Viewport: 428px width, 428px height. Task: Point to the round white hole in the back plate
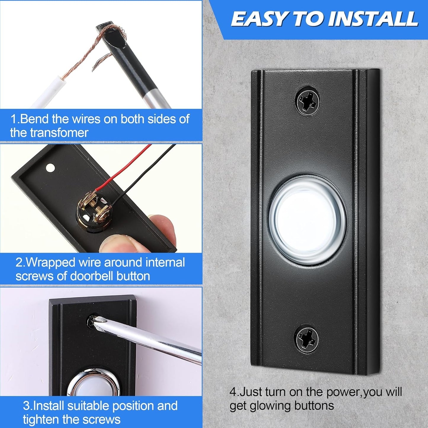click(x=50, y=168)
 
